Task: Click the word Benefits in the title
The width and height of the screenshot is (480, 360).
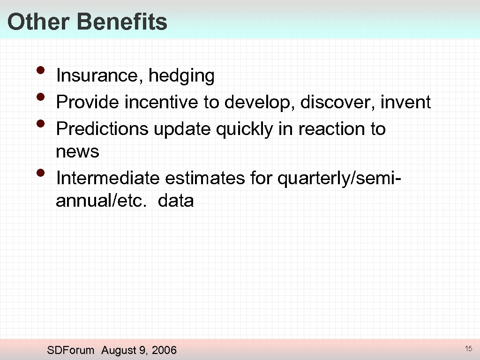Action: tap(122, 22)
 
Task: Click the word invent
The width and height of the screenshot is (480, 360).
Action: tap(405, 102)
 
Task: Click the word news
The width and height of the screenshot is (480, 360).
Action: tap(77, 151)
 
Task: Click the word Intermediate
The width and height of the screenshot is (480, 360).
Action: tap(108, 178)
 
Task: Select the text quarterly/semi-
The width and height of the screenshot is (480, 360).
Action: tap(337, 179)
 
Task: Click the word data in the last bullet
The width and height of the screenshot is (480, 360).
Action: tap(176, 201)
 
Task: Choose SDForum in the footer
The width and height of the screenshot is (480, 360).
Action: tap(71, 350)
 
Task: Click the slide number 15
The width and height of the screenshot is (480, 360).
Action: tap(468, 348)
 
